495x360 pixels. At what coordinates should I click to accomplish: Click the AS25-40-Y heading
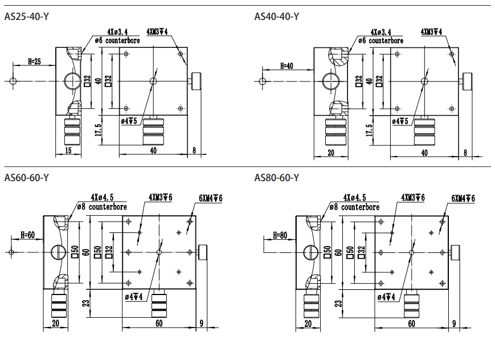click(27, 17)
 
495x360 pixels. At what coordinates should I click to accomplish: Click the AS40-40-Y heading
click(277, 17)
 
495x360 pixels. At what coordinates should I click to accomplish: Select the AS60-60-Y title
click(27, 178)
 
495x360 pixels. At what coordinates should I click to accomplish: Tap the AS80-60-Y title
click(277, 178)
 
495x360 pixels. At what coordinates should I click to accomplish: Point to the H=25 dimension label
click(34, 61)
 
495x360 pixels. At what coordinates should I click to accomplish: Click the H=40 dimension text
click(287, 66)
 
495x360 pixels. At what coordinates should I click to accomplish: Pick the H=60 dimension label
click(27, 234)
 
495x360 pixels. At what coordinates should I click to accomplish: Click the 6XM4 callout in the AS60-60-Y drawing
click(210, 198)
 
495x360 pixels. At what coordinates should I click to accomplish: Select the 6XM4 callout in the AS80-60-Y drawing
click(463, 198)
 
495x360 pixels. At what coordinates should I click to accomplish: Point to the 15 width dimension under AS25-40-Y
click(68, 150)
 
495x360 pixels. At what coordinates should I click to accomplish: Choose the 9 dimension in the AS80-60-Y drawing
click(454, 324)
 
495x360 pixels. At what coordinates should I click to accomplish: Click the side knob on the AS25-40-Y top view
click(197, 81)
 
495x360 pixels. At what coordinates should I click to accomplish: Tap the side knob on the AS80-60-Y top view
click(456, 252)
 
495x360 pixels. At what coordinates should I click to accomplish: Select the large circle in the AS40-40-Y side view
click(330, 81)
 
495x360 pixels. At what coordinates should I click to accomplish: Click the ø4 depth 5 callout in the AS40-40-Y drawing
click(400, 121)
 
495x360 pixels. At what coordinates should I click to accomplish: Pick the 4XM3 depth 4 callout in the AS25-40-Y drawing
click(157, 31)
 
